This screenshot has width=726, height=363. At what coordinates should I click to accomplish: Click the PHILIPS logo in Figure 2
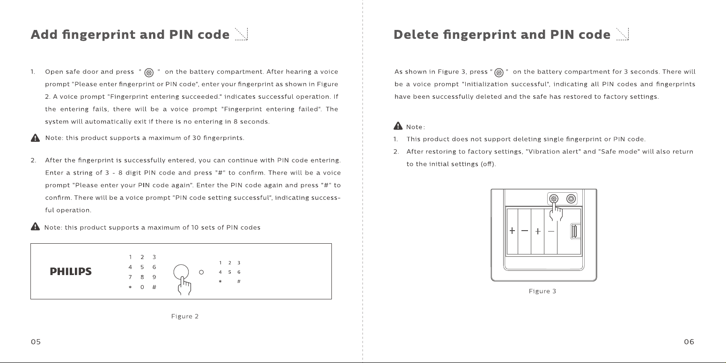pos(71,271)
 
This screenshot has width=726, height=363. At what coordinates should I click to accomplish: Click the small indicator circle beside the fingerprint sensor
pos(201,272)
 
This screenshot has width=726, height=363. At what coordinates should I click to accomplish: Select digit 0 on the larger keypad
pos(142,287)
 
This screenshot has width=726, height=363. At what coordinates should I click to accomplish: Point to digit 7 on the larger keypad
pos(130,277)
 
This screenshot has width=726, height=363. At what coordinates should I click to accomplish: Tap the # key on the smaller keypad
pos(239,282)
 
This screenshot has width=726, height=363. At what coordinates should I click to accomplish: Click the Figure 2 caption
pos(185,316)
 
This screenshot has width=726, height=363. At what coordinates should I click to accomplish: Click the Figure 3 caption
pos(542,291)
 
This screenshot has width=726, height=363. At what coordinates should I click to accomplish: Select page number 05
pos(36,341)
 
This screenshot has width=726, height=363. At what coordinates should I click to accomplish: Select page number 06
pos(689,341)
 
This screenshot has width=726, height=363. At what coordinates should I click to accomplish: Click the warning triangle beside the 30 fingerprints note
pos(35,138)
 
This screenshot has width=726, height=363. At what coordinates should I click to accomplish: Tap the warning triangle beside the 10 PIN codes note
pos(35,226)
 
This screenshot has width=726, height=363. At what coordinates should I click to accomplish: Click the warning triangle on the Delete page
pos(398,126)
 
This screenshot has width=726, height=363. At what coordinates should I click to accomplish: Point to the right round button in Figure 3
pos(571,199)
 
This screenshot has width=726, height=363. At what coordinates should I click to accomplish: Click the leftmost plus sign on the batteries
pos(512,231)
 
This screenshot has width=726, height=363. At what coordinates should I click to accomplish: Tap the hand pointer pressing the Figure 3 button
pos(556,212)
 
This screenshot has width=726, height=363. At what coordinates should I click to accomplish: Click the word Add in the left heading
pos(44,34)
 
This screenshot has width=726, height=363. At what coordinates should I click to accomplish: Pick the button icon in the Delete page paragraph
pos(499,73)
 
